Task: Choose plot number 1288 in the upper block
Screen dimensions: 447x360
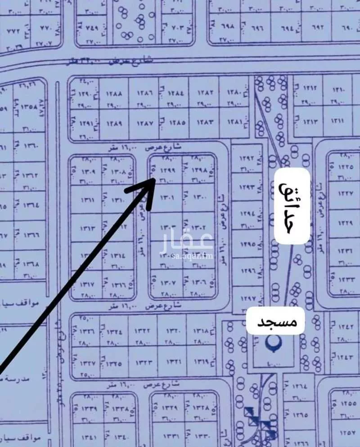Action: pyautogui.click(x=114, y=94)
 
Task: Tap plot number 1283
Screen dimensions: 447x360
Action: pyautogui.click(x=205, y=122)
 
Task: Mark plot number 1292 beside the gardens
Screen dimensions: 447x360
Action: pyautogui.click(x=247, y=158)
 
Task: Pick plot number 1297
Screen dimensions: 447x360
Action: pyautogui.click(x=247, y=299)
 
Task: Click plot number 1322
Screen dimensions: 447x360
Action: pyautogui.click(x=143, y=332)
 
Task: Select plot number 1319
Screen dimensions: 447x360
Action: pyautogui.click(x=201, y=361)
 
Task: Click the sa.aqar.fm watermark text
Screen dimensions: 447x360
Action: pyautogui.click(x=193, y=257)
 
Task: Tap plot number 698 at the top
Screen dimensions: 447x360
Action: pyautogui.click(x=228, y=26)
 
